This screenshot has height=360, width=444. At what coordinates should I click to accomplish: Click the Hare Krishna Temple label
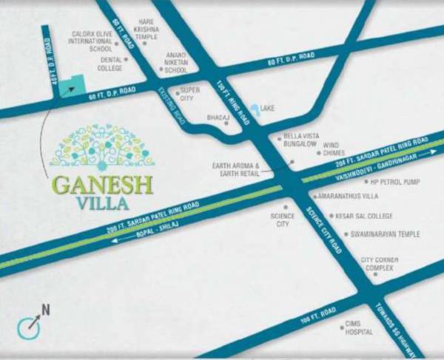pos(147,30)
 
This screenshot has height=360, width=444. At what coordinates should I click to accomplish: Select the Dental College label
pos(110,64)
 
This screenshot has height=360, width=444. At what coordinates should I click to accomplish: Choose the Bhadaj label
pos(215,118)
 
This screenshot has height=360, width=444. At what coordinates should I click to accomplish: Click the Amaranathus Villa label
pos(348,197)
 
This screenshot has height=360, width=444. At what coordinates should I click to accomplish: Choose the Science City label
pos(282,220)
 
